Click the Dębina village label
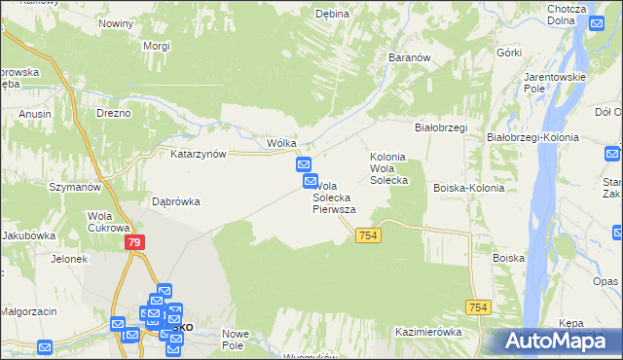[332, 14]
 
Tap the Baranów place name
[410, 57]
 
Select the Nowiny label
[115, 22]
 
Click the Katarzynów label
[199, 154]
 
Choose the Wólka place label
[281, 143]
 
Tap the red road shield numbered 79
[134, 242]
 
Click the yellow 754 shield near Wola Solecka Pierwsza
[368, 235]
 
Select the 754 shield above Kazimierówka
[478, 306]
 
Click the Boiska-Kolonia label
[467, 188]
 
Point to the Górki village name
[509, 53]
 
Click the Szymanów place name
[76, 187]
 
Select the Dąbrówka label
[176, 202]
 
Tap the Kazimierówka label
[428, 332]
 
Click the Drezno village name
[113, 113]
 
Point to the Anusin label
[35, 113]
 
